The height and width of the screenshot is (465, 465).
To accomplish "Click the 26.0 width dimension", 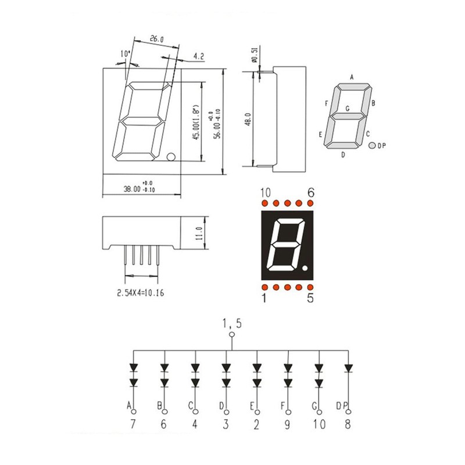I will pos(156,40).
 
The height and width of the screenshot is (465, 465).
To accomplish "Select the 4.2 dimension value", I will pos(198,56).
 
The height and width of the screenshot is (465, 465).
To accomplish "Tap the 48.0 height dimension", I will pos(248,120).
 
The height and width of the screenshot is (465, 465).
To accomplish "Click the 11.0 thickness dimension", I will pos(198,233).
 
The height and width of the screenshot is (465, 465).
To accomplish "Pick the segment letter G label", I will pos(348,108).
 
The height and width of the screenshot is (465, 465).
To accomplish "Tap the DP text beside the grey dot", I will pos(382,146).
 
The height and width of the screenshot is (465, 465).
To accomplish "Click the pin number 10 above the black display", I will pos(266,192).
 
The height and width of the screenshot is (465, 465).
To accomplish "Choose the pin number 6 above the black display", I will pos(311,192).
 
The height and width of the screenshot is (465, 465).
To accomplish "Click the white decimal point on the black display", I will pos(306,269).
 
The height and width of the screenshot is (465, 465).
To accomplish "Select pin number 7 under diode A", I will pos(133,424).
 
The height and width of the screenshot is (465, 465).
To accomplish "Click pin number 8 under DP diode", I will pos(348,424).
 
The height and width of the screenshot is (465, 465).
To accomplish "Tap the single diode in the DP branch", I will pos(348,368).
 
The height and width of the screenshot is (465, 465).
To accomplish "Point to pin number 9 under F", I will pos(287,424).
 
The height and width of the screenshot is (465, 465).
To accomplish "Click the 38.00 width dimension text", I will pos(132,189).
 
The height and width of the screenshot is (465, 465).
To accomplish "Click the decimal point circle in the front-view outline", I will pos(170,156).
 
